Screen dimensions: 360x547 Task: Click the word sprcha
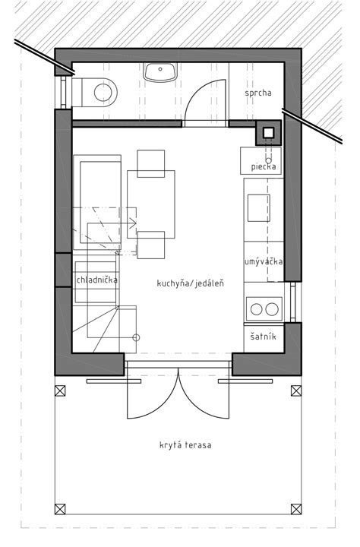pyautogui.click(x=258, y=93)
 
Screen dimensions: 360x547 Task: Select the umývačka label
pyautogui.click(x=264, y=261)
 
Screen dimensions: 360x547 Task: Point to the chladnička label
pyautogui.click(x=96, y=280)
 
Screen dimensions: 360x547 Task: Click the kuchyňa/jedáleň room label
pyautogui.click(x=191, y=283)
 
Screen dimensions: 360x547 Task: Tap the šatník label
pyautogui.click(x=264, y=337)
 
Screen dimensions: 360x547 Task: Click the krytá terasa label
pyautogui.click(x=185, y=445)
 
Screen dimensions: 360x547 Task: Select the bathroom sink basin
pyautogui.click(x=160, y=72)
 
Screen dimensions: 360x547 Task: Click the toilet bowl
pyautogui.click(x=103, y=93)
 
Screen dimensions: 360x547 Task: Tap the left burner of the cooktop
pyautogui.click(x=257, y=309)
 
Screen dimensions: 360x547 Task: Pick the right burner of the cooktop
pyautogui.click(x=271, y=309)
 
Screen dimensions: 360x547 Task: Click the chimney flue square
pyautogui.click(x=269, y=132)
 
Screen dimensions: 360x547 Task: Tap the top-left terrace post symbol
pyautogui.click(x=60, y=390)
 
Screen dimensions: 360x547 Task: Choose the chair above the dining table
pyautogui.click(x=150, y=163)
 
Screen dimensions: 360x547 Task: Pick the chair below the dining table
pyautogui.click(x=150, y=245)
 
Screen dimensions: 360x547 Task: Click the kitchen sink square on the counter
pyautogui.click(x=259, y=208)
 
